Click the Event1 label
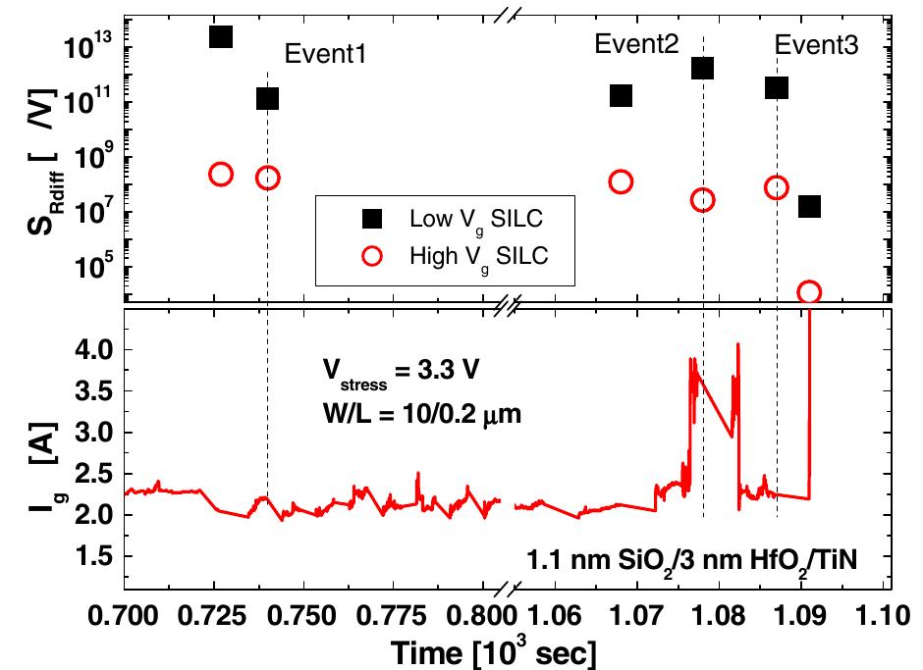pos(325,54)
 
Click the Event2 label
pos(637,44)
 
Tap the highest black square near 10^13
pos(221,36)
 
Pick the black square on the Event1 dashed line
pos(267,98)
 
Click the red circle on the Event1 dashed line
pos(267,178)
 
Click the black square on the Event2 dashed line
pos(702,68)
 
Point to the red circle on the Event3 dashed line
pos(777,187)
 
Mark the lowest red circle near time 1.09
pos(809,292)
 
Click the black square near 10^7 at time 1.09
pos(809,206)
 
